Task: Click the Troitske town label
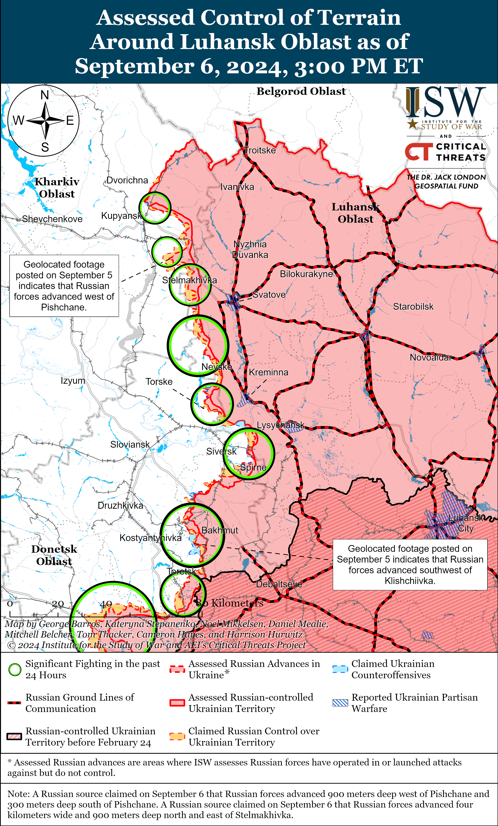pos(260,150)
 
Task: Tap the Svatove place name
pos(269,295)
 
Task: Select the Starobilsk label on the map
pos(413,306)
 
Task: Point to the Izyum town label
pos(73,381)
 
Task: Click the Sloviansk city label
pos(130,444)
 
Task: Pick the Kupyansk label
pos(121,216)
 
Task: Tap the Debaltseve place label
pos(279,584)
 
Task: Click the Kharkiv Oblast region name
pos(57,188)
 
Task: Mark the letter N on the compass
pos(45,95)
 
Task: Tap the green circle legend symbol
pos(15,669)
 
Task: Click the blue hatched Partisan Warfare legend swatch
pos(340,703)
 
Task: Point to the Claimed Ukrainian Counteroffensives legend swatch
pos(340,669)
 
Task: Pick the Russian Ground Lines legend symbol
pos(14,703)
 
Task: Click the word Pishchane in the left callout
pos(64,307)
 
